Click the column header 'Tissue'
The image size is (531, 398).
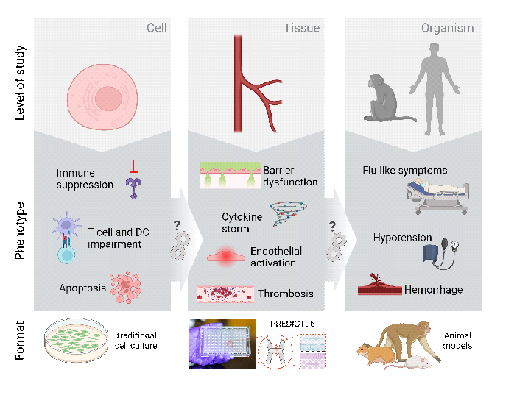pos(301,29)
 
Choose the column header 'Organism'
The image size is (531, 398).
pos(447,29)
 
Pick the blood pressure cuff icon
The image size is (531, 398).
pos(439,251)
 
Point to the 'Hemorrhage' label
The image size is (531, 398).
pos(433,289)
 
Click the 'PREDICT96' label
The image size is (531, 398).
pos(293,323)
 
